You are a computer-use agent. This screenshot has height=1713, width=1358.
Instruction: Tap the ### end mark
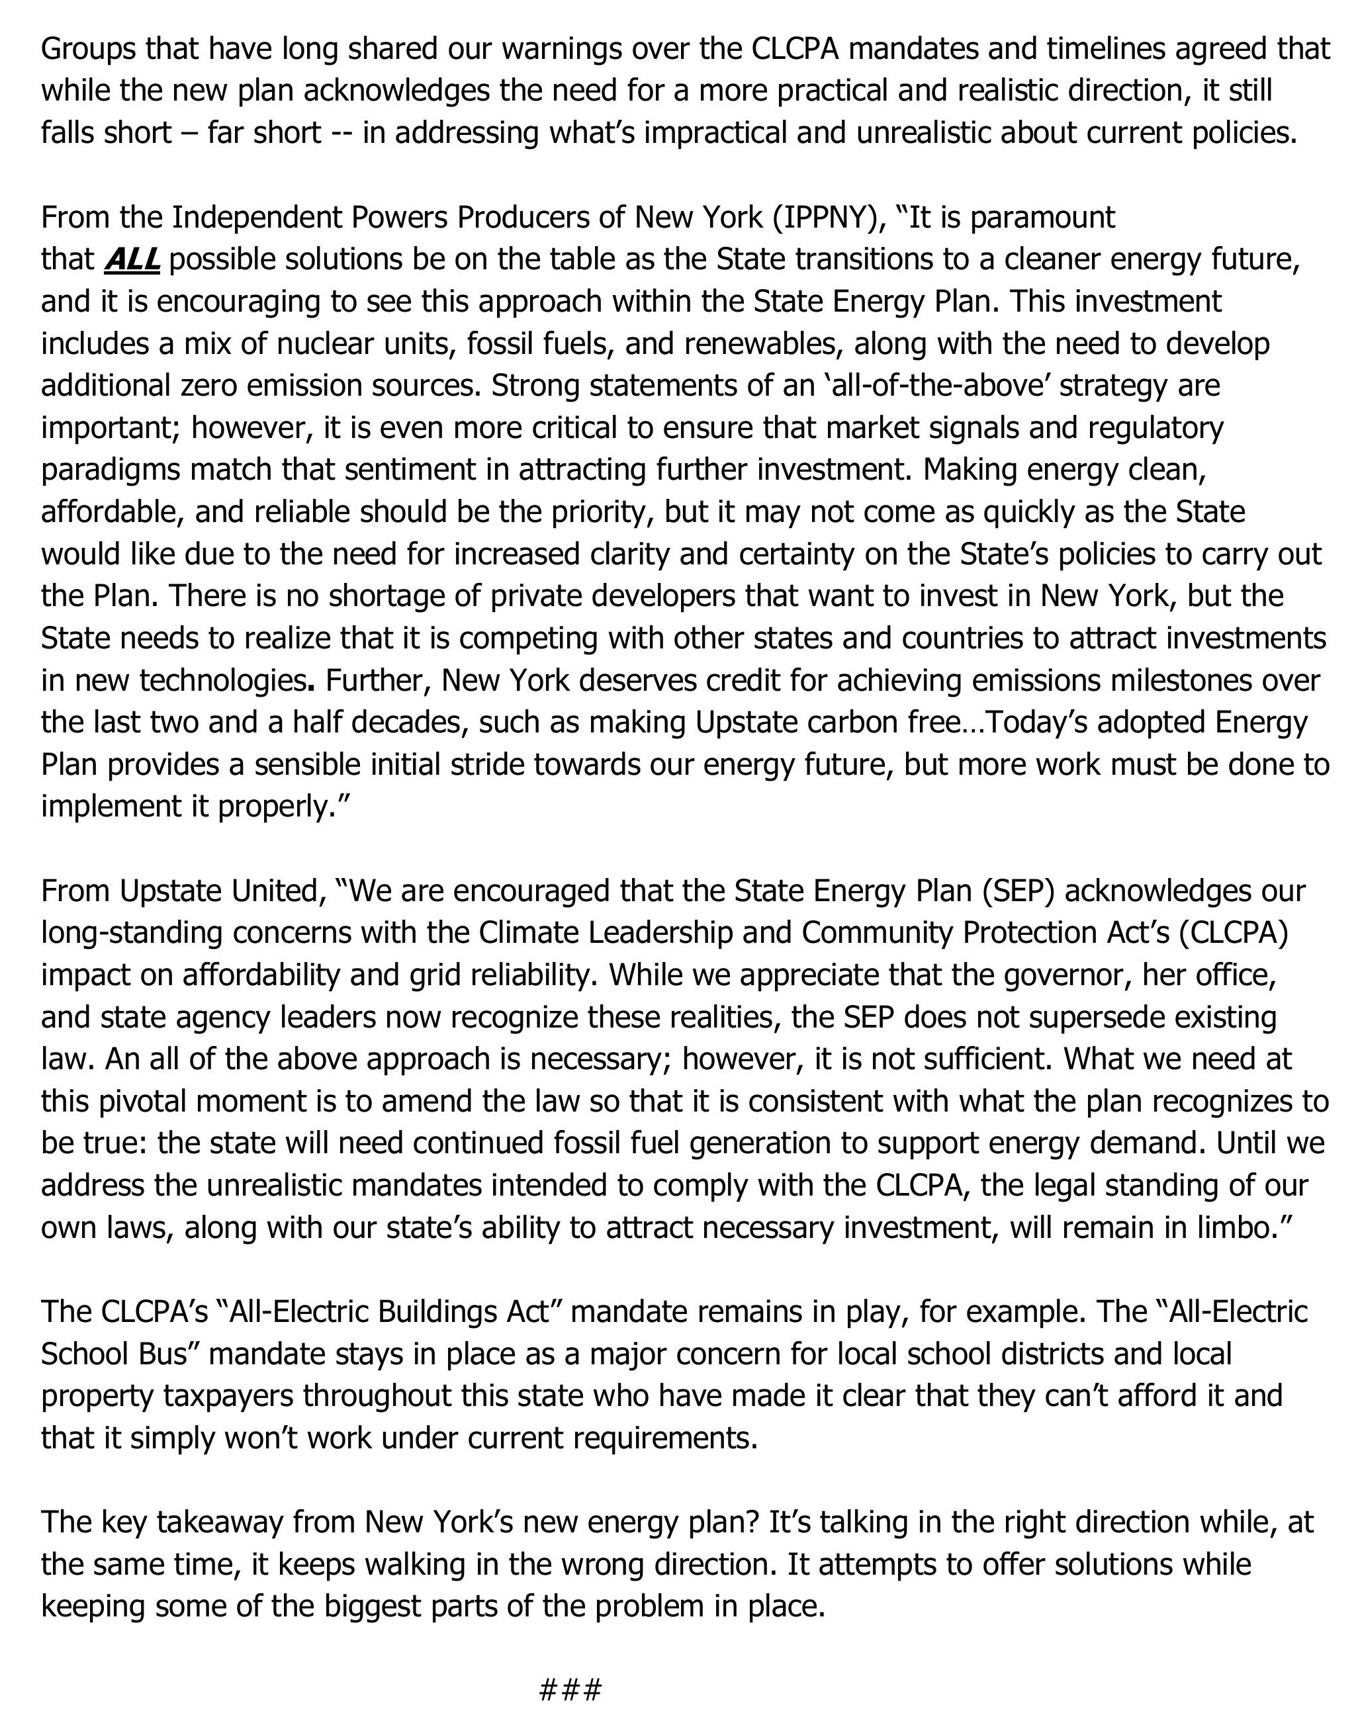tap(570, 1687)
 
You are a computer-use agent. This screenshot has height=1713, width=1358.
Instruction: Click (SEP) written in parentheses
tap(1018, 891)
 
